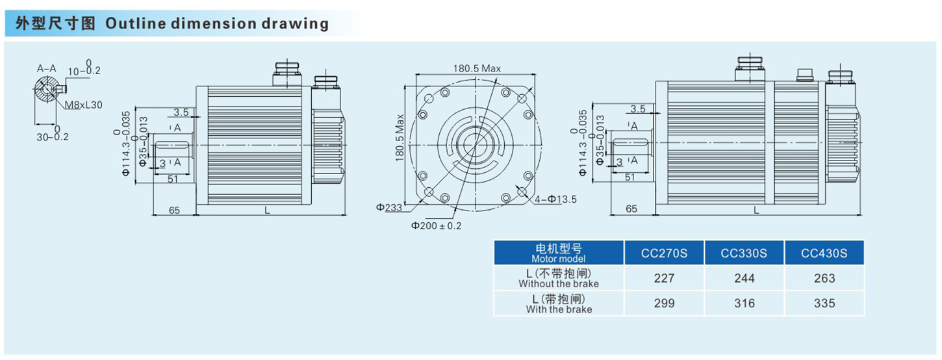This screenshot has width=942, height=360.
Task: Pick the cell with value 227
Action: point(664,278)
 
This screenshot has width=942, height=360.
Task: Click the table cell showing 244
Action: point(744,278)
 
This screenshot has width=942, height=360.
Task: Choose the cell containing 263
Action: point(824,278)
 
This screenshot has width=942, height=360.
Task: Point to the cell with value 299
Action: point(664,303)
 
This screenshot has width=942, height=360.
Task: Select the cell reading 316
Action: point(744,303)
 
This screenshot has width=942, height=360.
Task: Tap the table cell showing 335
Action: point(824,303)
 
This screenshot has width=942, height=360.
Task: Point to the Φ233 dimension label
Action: point(388,207)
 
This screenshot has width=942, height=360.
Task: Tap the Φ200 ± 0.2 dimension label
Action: point(436,225)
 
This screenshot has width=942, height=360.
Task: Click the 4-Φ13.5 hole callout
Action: point(556,199)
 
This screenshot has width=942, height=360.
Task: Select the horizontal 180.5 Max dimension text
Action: point(477,68)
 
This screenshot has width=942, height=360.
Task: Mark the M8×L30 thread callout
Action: point(83,105)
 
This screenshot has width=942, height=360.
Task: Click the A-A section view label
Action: point(46,68)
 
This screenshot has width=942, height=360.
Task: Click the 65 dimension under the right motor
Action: point(631,209)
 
